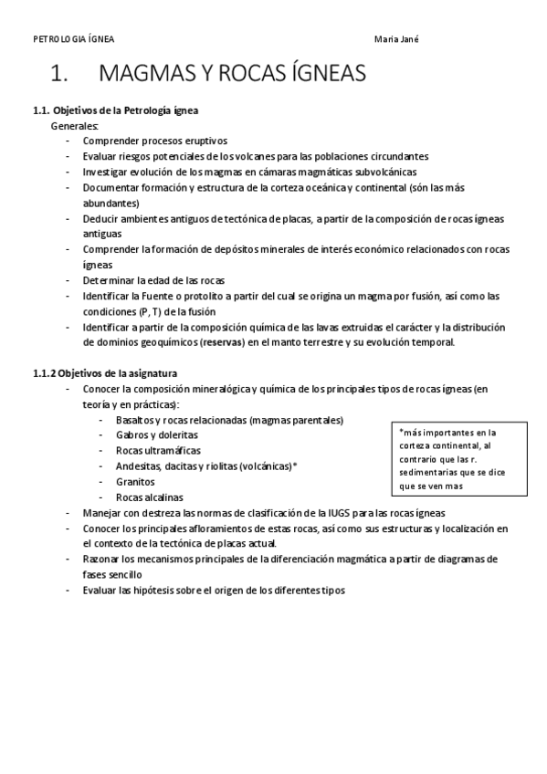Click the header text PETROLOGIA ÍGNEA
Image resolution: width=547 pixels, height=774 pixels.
pos(74,39)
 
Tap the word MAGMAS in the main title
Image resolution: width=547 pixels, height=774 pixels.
pos(152,73)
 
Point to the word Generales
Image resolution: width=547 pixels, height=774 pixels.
pos(75,125)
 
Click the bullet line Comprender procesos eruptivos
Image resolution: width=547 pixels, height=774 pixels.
pos(154,141)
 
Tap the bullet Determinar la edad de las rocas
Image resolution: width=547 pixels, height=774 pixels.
pos(153,280)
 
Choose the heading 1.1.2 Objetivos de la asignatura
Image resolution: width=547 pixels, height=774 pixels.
pos(106,373)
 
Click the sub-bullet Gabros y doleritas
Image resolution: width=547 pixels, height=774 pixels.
pos(157,435)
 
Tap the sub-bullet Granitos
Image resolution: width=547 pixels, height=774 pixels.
pos(135,482)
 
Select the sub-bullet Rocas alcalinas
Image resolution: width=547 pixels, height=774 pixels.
pos(150,497)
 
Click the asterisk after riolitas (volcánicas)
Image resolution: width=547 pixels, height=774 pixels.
pos(295,466)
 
